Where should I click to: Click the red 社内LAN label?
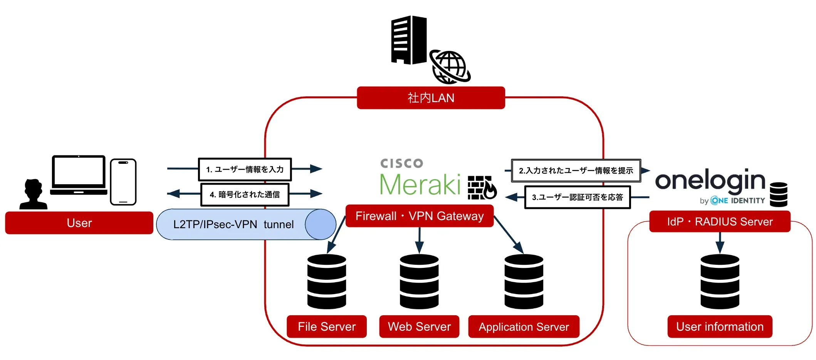click(431, 98)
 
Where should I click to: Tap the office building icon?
click(409, 40)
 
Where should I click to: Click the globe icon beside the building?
click(450, 67)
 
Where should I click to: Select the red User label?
click(79, 223)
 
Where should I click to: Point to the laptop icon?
click(79, 175)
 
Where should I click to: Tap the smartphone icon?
click(123, 182)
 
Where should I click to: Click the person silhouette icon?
click(34, 195)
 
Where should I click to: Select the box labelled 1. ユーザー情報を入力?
click(245, 169)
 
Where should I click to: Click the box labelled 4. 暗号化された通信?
click(245, 195)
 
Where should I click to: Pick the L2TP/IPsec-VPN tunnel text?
click(233, 224)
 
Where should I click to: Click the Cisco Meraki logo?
click(420, 179)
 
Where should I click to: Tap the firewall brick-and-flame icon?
click(482, 188)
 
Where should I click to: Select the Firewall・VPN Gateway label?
click(419, 216)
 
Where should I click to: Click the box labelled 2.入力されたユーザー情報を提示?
click(576, 170)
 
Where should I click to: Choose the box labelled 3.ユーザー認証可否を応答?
click(577, 197)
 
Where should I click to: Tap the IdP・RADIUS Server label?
click(720, 222)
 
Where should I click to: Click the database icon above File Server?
click(327, 281)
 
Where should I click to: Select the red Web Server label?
click(419, 326)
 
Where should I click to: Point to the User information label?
click(720, 326)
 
